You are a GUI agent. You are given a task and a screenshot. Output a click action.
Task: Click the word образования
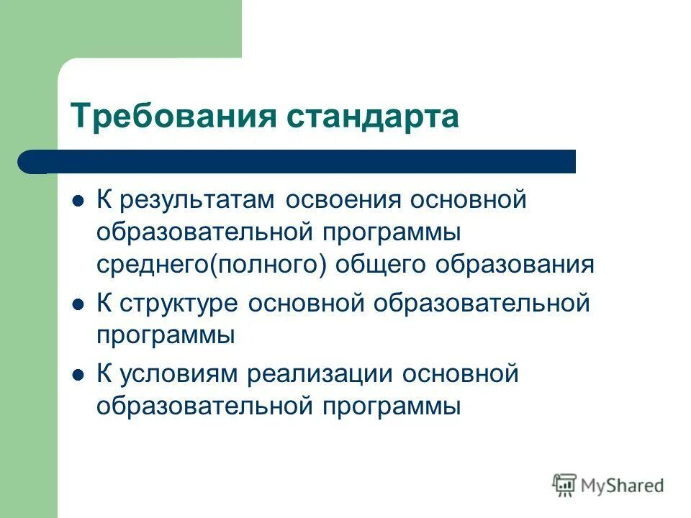(x=515, y=264)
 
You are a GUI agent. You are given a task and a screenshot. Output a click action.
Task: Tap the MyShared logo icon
(x=565, y=485)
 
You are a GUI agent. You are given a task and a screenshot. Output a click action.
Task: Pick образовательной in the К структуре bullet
(x=481, y=304)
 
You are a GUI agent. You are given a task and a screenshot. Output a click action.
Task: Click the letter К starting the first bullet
(x=104, y=200)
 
